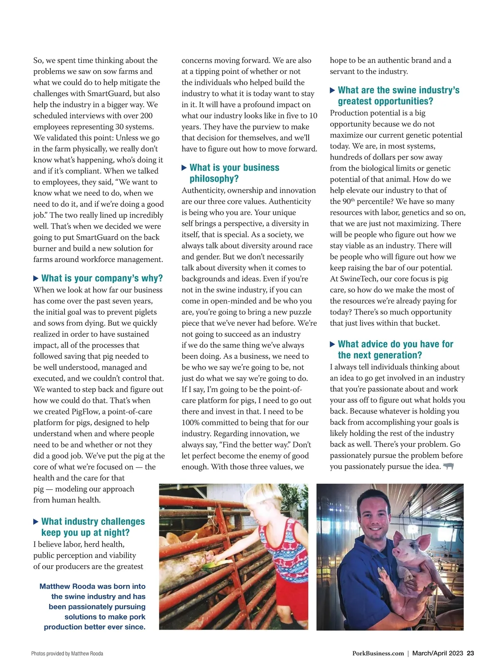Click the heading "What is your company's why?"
102,278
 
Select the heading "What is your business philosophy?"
234,173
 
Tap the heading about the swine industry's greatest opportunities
398,96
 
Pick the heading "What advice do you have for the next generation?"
395,350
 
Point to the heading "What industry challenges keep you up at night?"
93,527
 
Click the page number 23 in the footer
470,653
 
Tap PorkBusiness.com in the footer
378,653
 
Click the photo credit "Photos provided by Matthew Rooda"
67,654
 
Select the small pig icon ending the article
448,466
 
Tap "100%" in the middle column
191,423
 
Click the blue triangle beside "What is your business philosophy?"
184,168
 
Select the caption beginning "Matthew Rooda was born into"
92,606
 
